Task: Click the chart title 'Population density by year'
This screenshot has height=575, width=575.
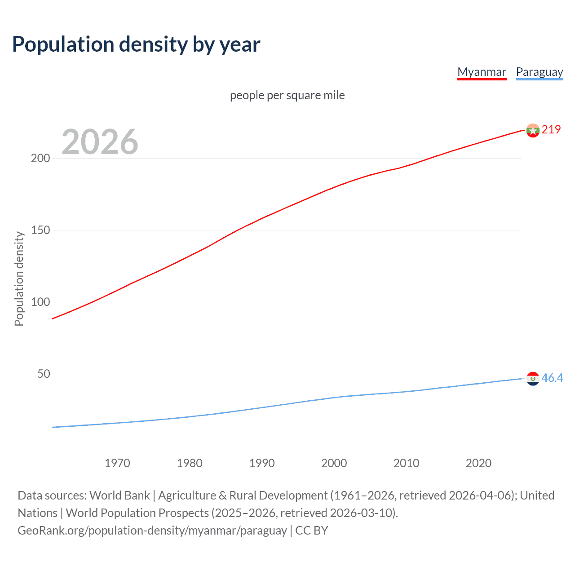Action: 136,44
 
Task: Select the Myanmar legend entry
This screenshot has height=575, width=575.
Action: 482,72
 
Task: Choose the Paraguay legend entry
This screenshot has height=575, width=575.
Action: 539,72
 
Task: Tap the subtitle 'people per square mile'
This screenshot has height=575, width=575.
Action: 287,95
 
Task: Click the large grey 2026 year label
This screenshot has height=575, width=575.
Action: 100,142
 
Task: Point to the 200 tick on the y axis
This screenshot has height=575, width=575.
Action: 40,158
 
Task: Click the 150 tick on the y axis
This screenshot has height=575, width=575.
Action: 40,230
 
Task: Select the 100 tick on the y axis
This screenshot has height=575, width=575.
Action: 40,302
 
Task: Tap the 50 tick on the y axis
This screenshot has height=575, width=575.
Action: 43,374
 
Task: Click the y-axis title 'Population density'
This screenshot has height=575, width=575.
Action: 19,279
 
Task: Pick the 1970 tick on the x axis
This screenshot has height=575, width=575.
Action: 117,463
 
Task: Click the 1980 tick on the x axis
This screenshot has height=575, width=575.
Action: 190,463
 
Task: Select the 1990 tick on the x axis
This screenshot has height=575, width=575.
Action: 262,463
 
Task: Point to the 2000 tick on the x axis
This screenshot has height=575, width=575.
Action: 334,463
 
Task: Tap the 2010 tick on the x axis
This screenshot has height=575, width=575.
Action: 406,463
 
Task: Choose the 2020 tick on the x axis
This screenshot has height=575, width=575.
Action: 478,463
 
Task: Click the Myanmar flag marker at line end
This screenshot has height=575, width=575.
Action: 533,130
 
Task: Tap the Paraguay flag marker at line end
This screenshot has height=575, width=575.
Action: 533,379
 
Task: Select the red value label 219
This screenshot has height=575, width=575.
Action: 551,129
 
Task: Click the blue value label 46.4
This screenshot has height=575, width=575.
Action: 552,378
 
